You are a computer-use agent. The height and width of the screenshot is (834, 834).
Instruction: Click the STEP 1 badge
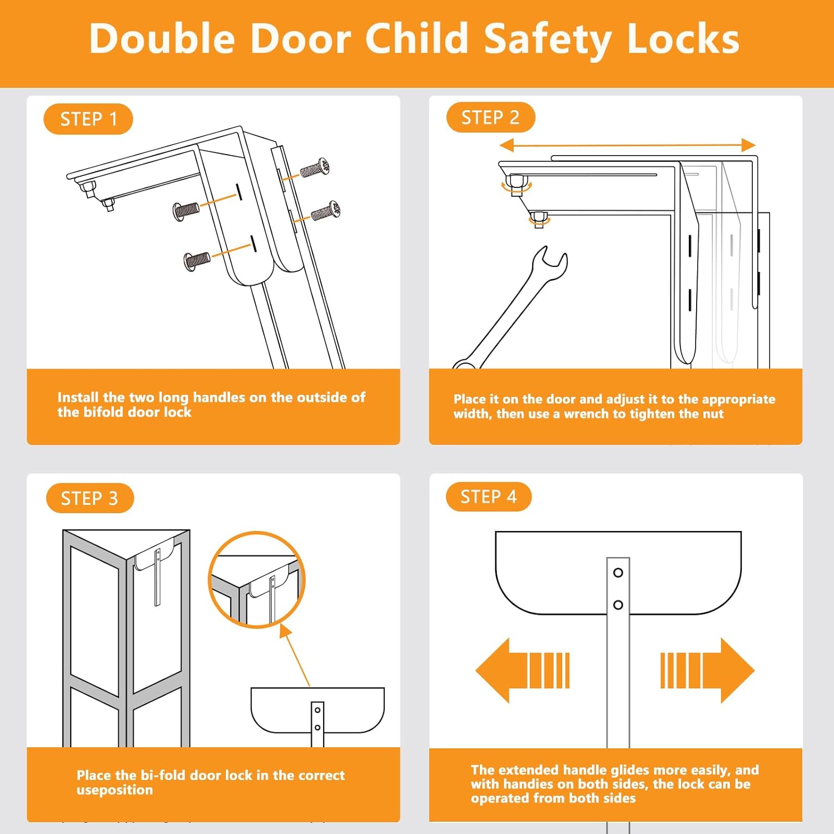coord(88,119)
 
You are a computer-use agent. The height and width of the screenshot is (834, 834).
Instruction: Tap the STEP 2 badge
coord(490,117)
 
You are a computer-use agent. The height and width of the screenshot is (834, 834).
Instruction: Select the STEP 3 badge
coord(90,498)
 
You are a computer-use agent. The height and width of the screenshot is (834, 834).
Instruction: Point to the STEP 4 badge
coord(488,497)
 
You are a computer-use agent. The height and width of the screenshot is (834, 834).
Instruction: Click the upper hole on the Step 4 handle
coord(618,573)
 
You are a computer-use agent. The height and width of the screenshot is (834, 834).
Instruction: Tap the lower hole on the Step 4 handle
coord(618,604)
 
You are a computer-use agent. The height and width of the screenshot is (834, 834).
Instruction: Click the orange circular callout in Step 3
coord(257,580)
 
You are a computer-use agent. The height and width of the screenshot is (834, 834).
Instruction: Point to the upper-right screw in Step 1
coord(315,168)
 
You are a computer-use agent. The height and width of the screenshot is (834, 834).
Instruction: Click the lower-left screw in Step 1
coord(197,259)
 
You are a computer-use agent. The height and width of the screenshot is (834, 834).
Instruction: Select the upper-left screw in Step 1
coord(186,210)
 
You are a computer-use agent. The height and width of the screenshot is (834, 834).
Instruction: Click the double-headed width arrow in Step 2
coord(627,146)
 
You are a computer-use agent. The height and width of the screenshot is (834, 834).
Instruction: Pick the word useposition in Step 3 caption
coord(115,790)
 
